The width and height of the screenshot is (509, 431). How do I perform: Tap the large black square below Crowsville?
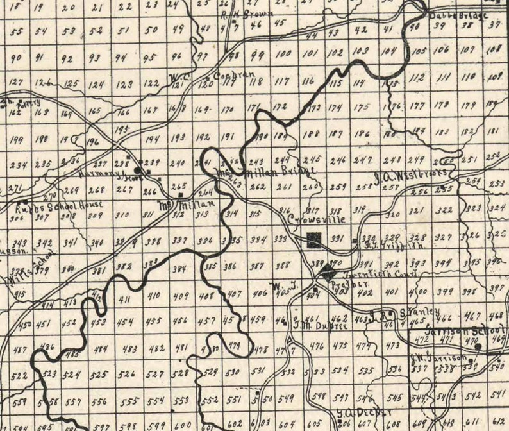314,239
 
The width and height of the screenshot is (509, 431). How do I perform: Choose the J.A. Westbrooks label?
414,174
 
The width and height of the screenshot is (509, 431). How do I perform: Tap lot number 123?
125,83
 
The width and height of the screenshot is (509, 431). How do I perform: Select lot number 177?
417,105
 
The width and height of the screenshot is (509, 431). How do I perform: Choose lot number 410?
154,296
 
